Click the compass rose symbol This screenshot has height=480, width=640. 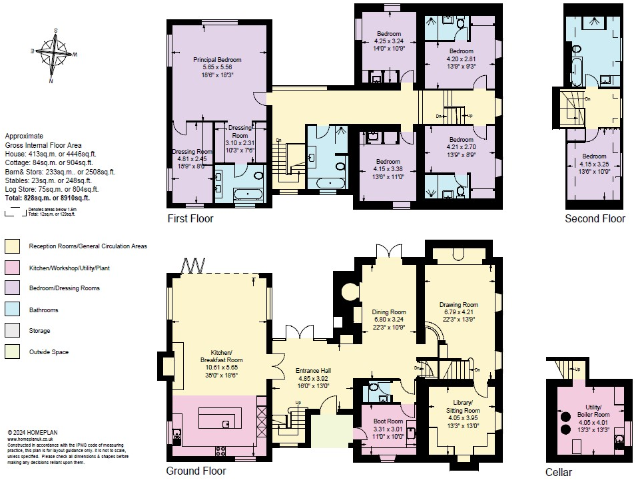coord(54,54)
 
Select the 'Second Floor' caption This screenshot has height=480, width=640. coord(595,219)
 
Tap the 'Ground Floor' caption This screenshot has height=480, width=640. coord(196,471)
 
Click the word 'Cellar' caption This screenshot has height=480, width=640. coord(558,472)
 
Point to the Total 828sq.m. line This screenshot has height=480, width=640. coord(47,198)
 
